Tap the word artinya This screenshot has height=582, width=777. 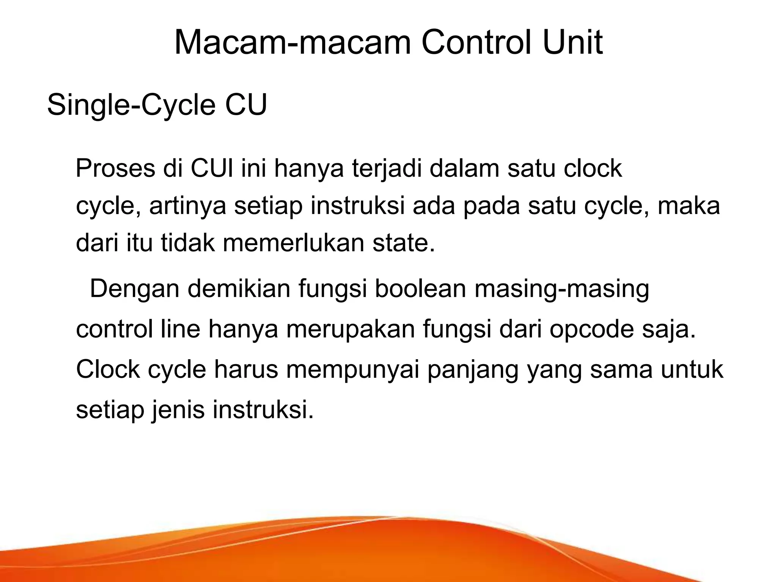click(x=188, y=207)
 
